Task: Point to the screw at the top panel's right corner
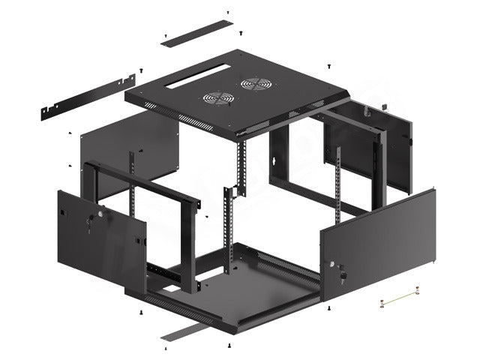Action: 328,67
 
